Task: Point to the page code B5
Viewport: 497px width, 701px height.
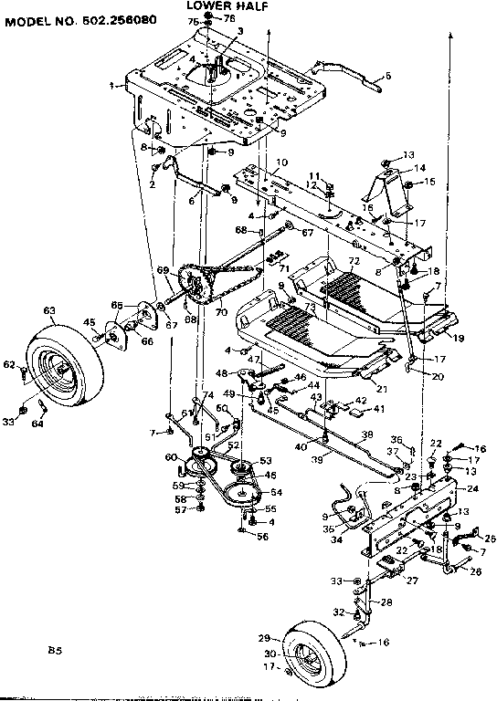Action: pos(54,651)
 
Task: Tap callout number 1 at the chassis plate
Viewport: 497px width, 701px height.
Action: pos(111,85)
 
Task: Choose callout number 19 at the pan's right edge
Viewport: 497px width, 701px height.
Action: pos(460,337)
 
